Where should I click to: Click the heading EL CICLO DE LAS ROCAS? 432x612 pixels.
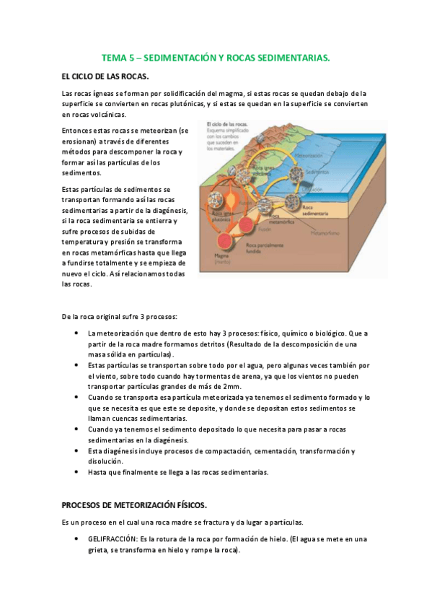click(105, 76)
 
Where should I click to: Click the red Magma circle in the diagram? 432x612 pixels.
click(225, 240)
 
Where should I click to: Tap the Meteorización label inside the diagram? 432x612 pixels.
click(309, 156)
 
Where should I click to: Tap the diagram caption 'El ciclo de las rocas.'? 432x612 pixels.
click(229, 124)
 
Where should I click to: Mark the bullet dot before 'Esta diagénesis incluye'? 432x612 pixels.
click(76, 451)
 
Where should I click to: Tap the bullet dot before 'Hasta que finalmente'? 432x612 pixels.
click(76, 472)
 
